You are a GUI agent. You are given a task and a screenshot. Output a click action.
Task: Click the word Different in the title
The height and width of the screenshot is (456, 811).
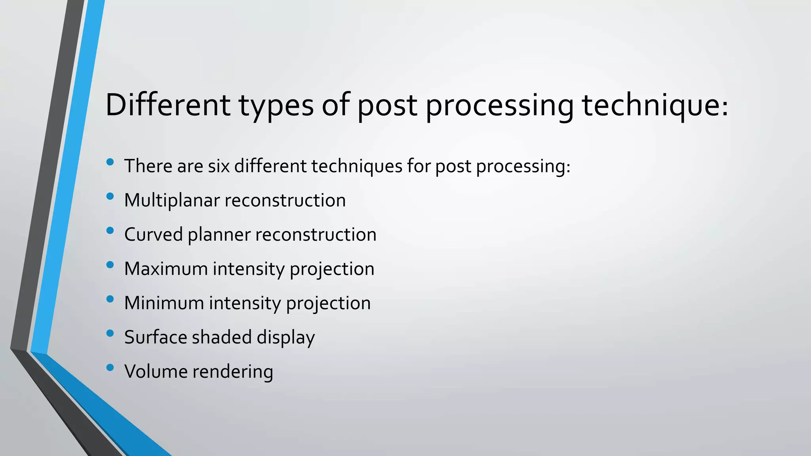[168, 105]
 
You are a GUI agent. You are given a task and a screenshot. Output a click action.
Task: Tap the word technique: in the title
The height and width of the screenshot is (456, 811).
[655, 105]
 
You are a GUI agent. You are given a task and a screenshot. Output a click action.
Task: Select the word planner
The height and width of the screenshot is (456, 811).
[219, 235]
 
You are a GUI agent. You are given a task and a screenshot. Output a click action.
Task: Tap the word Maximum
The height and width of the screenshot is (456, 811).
[166, 269]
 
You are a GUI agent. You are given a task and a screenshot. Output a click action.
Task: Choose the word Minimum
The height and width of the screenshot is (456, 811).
[164, 303]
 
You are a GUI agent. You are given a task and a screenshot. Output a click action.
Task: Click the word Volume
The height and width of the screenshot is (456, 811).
[156, 372]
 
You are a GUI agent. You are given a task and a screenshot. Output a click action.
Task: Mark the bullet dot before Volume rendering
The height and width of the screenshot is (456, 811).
[110, 367]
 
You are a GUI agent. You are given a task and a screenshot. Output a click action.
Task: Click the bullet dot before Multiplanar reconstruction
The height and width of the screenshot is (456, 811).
[110, 196]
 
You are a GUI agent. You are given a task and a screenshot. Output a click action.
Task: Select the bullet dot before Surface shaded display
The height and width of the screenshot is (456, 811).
[110, 333]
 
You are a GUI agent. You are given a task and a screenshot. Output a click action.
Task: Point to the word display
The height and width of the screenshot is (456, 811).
[286, 338]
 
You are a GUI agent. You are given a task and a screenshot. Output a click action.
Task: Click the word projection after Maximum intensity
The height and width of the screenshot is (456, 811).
[332, 270]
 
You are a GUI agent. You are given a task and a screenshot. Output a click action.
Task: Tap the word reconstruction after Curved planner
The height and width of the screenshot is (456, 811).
[316, 235]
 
